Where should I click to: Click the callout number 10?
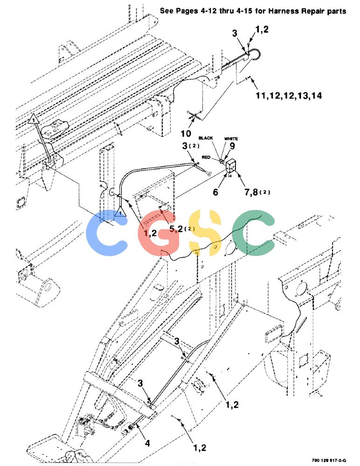point(186,133)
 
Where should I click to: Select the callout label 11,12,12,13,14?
point(289,96)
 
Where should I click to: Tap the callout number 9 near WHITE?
point(232,145)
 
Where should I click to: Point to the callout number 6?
point(215,192)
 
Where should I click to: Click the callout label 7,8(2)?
point(257,192)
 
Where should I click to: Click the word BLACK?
point(206,138)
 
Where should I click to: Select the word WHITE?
point(231,138)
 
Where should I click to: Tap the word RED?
point(206,157)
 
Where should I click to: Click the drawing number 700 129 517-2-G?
point(329,460)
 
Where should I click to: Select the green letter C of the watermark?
point(254,232)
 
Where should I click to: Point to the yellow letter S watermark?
point(205,233)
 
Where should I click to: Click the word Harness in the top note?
point(283,11)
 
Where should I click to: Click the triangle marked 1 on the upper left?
point(34,118)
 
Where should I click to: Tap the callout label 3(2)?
point(191,145)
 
